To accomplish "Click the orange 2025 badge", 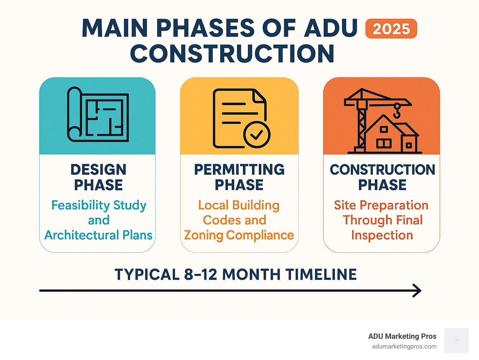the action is click(x=391, y=29).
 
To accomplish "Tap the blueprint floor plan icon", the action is click(x=98, y=114).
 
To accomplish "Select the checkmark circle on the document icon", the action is click(x=257, y=135).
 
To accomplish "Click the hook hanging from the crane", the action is click(x=397, y=111).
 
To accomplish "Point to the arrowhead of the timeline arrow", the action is click(x=417, y=290).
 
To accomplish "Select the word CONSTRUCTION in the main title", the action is click(x=232, y=54).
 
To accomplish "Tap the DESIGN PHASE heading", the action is click(x=99, y=177).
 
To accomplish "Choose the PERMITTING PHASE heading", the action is click(x=239, y=177).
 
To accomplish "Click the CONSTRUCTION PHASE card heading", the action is click(x=382, y=177).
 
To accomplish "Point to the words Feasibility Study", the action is click(x=99, y=205).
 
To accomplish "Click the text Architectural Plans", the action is click(x=99, y=235).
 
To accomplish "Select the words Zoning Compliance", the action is click(x=239, y=235).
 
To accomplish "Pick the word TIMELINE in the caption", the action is click(x=321, y=275).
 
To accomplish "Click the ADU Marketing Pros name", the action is click(x=402, y=336).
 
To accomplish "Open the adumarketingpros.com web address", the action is click(x=404, y=347).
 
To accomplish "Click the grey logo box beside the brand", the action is click(x=457, y=341).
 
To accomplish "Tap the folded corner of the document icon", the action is click(x=259, y=96).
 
